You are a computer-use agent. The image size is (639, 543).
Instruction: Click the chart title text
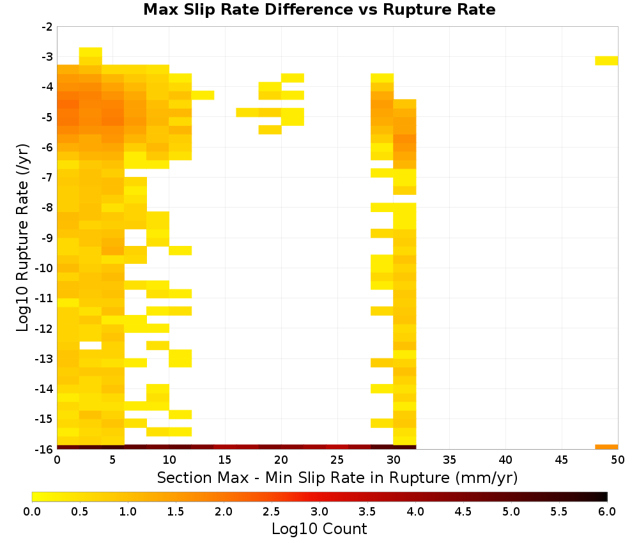coord(319,10)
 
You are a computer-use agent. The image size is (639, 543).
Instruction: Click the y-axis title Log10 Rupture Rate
coord(22,238)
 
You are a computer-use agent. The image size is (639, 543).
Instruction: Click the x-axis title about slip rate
coord(337,477)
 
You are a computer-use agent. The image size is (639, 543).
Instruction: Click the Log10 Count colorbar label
coord(319,529)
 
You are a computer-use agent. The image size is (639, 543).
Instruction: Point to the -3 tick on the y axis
coord(47,57)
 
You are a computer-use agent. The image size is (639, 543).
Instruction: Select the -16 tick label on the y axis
coord(44,449)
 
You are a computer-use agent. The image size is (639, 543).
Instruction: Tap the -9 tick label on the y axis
coord(47,238)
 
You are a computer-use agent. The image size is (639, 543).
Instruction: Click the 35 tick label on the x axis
coord(449,460)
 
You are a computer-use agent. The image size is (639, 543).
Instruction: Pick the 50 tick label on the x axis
coord(618,460)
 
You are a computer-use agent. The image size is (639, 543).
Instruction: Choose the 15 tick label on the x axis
coord(226,460)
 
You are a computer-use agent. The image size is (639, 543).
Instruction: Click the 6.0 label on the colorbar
coord(607,512)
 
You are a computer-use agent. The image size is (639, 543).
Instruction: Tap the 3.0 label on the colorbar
coord(319,512)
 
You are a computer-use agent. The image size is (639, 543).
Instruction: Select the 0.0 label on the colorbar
coord(32,512)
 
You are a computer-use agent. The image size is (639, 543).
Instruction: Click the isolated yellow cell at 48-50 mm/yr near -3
coord(606,61)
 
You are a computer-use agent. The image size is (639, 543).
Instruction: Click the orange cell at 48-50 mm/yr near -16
coord(606,447)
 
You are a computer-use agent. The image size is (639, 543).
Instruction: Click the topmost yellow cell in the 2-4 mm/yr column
coord(91,52)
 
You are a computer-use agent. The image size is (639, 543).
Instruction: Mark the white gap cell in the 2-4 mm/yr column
coord(91,346)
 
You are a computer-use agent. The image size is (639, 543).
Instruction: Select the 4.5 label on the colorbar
coord(463,512)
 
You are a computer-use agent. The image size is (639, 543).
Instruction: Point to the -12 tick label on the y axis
coord(44,329)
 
